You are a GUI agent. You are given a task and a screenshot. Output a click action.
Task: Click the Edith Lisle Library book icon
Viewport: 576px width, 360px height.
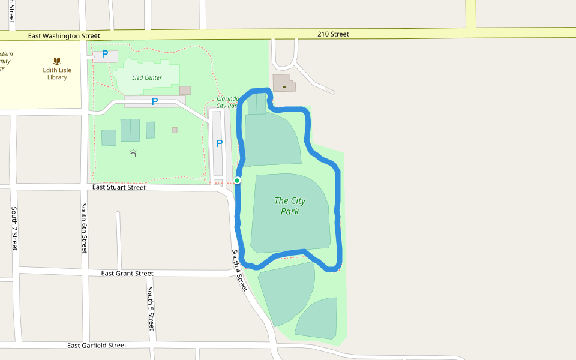pos(57,61)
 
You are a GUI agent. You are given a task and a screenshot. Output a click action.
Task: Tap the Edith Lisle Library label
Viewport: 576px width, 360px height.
pos(57,74)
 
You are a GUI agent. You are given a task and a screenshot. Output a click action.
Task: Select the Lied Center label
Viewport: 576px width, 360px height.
pos(147,77)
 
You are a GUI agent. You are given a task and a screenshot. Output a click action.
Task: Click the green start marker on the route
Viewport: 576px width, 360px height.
pos(238,181)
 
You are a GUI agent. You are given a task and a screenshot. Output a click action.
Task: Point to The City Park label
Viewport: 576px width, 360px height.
pos(290,206)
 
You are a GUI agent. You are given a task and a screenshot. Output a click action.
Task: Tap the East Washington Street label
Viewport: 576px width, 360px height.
pos(64,36)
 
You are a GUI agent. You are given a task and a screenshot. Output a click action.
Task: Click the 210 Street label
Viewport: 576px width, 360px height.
pos(333,34)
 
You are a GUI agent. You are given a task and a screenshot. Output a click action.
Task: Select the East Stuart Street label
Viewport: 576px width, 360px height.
pos(119,187)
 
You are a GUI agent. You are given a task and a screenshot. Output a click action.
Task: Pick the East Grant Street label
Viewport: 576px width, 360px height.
pos(127,274)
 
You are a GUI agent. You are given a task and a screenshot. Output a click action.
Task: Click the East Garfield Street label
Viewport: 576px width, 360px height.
pos(97,346)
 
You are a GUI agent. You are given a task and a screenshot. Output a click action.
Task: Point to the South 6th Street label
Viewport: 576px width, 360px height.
pos(85,228)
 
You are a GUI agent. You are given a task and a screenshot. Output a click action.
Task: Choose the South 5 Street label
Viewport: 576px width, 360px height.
pos(151,308)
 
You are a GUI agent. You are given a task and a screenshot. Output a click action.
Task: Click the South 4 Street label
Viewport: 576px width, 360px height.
pos(239,271)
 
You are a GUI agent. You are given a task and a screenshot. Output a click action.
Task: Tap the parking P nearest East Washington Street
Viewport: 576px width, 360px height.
pos(105,55)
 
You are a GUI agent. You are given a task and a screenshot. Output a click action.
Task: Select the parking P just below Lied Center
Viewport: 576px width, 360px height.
pos(154,101)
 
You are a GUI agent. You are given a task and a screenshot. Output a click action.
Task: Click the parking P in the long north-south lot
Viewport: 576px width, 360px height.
pos(219,143)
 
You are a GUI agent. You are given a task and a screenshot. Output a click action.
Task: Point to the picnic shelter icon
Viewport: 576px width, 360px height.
pos(133,153)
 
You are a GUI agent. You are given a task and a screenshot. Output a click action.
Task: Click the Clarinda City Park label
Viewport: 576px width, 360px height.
pos(228,102)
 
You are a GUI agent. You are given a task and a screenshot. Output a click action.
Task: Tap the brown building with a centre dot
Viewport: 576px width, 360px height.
pos(284,86)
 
